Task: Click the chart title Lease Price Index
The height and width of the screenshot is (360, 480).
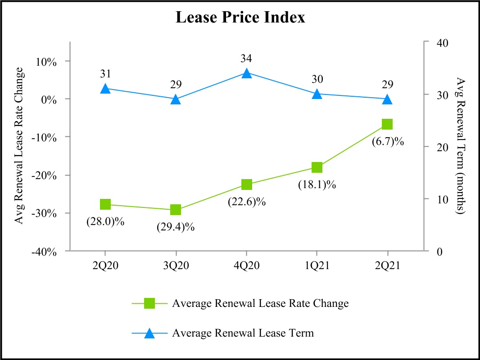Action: (x=240, y=18)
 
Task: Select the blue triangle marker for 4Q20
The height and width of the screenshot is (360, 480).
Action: (x=246, y=73)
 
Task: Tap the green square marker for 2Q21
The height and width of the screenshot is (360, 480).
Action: (x=387, y=124)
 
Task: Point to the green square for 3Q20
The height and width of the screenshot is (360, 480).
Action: (x=176, y=210)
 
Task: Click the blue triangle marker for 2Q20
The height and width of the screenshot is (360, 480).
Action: (x=105, y=88)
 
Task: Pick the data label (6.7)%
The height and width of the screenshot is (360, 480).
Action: (x=388, y=142)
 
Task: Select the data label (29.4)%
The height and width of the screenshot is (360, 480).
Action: (x=176, y=227)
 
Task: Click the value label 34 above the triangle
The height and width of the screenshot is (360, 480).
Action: (x=246, y=58)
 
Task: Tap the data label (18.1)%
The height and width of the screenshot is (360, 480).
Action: (x=317, y=184)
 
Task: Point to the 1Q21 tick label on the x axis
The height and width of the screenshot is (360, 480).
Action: (x=317, y=265)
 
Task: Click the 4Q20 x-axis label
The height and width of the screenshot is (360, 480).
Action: (x=246, y=265)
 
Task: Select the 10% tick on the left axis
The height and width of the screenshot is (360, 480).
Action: (x=47, y=62)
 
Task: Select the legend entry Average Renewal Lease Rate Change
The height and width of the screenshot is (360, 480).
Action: (x=260, y=303)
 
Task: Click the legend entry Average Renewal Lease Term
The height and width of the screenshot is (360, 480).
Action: (x=243, y=333)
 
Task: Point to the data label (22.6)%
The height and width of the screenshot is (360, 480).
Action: (x=246, y=202)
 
